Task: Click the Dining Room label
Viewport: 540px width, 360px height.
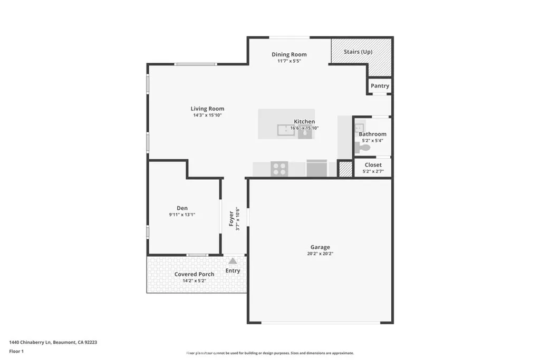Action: pyautogui.click(x=289, y=54)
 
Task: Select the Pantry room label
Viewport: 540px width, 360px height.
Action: pyautogui.click(x=380, y=86)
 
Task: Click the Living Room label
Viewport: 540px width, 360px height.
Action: pyautogui.click(x=207, y=109)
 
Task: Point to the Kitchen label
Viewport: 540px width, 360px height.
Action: pyautogui.click(x=304, y=122)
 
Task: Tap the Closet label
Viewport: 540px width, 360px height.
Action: pyautogui.click(x=373, y=165)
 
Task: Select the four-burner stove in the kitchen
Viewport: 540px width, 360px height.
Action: pyautogui.click(x=279, y=169)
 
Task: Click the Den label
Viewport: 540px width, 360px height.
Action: pyautogui.click(x=182, y=208)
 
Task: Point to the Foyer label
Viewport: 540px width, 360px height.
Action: pyautogui.click(x=231, y=219)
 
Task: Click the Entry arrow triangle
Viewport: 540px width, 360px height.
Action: pyautogui.click(x=233, y=260)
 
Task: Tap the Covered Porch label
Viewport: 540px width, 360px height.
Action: pyautogui.click(x=194, y=274)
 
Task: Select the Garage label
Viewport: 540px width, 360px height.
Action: pyautogui.click(x=320, y=247)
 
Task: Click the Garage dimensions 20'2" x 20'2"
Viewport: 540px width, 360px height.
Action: pyautogui.click(x=320, y=254)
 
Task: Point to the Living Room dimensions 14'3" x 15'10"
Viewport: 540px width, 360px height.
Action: pyautogui.click(x=207, y=115)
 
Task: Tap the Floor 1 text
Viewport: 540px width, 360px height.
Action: pyautogui.click(x=17, y=351)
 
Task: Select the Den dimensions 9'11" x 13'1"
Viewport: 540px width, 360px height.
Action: pyautogui.click(x=182, y=215)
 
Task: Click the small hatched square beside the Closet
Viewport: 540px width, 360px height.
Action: pyautogui.click(x=345, y=169)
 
